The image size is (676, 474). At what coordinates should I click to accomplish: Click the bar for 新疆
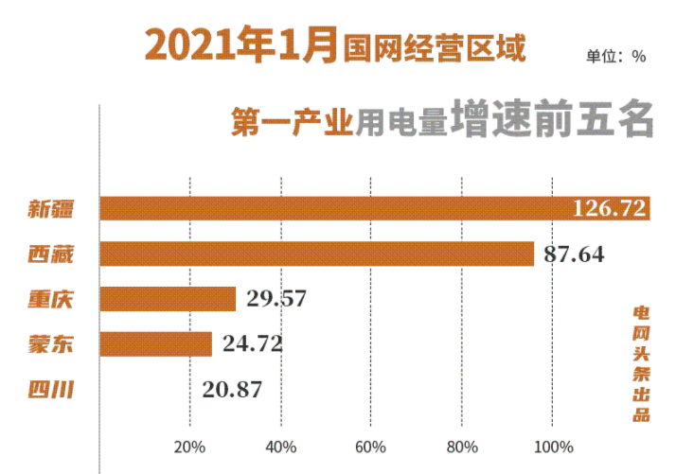point(374,208)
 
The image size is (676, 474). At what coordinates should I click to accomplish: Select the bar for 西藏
point(316,254)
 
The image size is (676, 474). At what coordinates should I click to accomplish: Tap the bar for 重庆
point(168,299)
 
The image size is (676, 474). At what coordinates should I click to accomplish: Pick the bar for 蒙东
point(156,343)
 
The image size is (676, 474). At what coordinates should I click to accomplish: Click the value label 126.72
point(610,208)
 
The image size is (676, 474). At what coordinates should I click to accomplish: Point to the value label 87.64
point(575,254)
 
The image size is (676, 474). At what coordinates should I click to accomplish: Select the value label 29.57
point(276,299)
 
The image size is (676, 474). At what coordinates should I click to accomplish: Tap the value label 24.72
point(253,343)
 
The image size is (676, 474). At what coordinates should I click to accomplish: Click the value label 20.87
point(232,388)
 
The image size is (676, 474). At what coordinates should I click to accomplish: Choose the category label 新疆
point(51,209)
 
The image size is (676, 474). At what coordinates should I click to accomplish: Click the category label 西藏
point(51,254)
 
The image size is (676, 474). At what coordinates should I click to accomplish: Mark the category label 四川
point(51,388)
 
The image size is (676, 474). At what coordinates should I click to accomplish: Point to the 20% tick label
point(190,447)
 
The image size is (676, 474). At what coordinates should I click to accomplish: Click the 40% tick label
point(281,447)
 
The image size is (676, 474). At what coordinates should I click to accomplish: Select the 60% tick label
point(371,447)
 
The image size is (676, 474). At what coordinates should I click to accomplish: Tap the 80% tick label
point(462,447)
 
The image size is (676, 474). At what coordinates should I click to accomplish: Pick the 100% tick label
point(554,447)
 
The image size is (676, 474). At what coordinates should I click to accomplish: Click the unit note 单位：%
point(615,56)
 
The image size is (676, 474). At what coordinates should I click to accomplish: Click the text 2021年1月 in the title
point(240,44)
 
